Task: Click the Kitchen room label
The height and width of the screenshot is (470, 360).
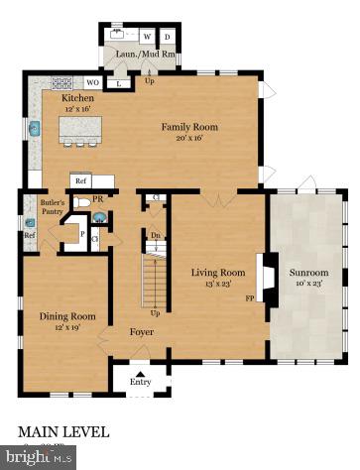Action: click(77, 99)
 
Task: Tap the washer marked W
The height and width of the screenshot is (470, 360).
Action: click(147, 37)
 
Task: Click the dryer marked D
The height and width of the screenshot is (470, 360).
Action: click(167, 37)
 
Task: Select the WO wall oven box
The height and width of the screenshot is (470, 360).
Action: click(92, 82)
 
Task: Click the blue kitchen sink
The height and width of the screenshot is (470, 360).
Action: click(34, 128)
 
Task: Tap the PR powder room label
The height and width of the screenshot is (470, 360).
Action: click(99, 199)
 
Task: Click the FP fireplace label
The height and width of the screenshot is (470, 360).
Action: click(250, 295)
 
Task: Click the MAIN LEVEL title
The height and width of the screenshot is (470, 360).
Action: click(63, 432)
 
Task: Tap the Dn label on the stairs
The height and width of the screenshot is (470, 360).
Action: click(155, 236)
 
